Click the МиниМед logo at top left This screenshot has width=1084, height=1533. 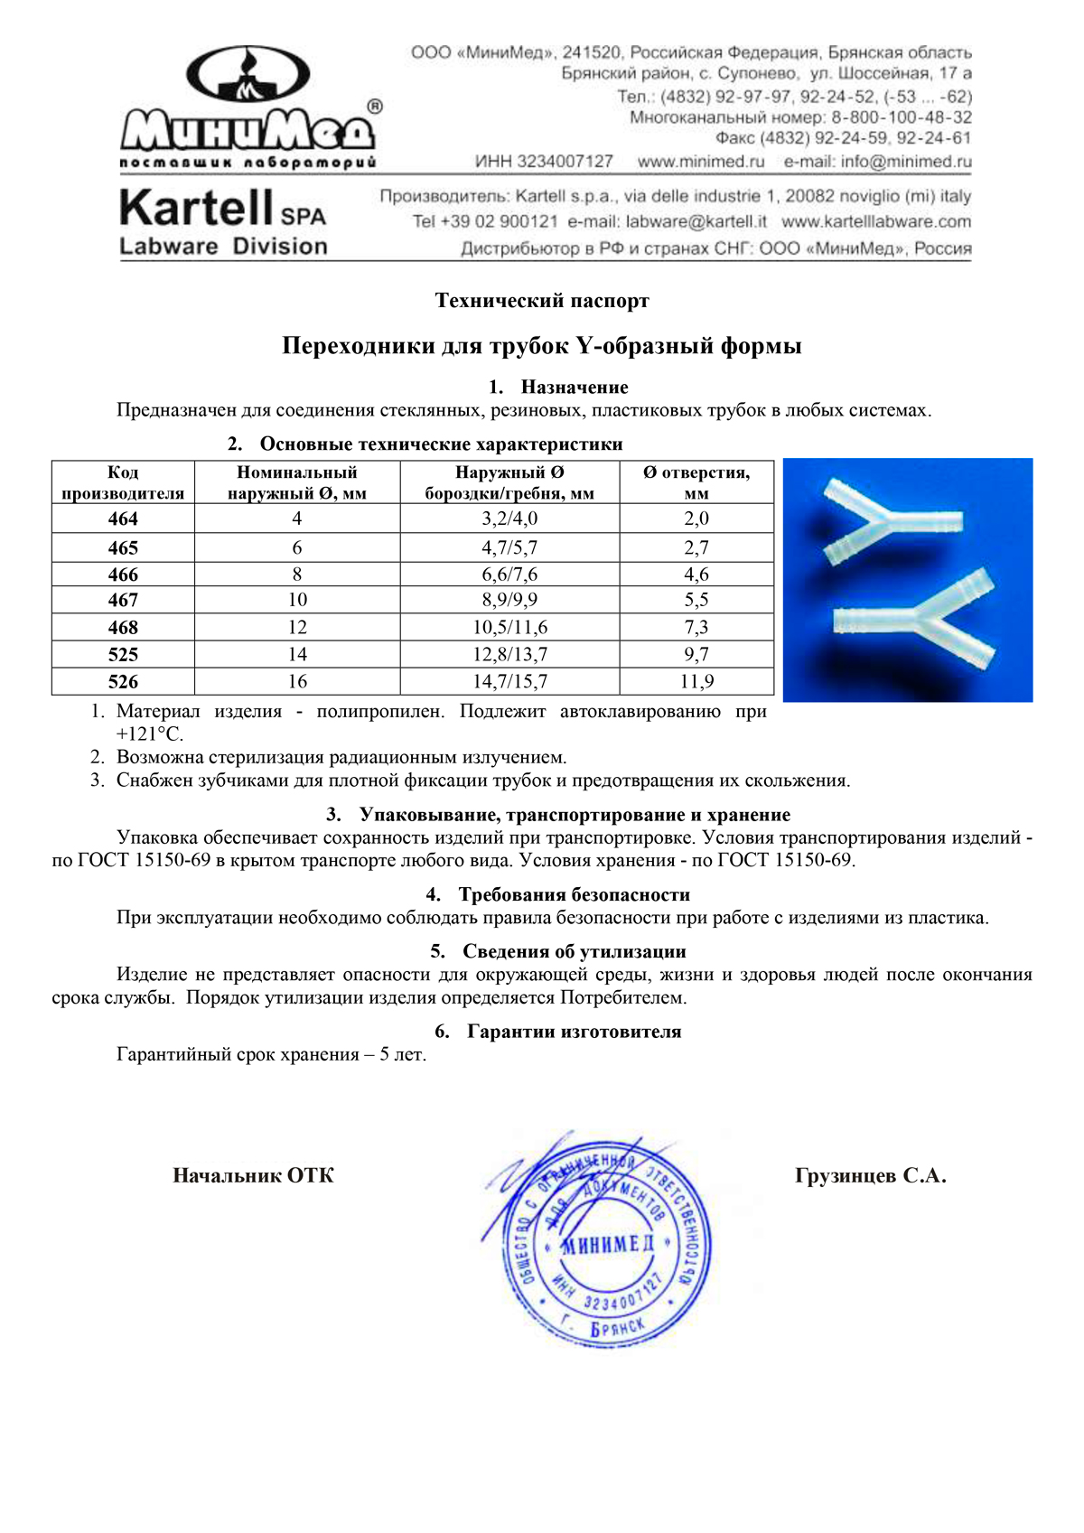point(248,108)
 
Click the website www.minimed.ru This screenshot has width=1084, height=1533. point(701,162)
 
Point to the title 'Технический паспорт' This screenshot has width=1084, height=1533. point(542,301)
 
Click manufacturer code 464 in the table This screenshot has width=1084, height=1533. point(123,519)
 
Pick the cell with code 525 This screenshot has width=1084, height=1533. point(123,654)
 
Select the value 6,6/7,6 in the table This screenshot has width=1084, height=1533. point(509,575)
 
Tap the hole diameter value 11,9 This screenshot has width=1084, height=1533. point(696,681)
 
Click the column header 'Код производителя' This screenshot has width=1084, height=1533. point(123,482)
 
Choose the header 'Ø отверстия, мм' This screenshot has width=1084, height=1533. point(696,482)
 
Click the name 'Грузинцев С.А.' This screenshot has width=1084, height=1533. point(870,1176)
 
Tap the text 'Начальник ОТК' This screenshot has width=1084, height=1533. point(253,1176)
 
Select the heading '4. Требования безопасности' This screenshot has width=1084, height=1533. point(558,895)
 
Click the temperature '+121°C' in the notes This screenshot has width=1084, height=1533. point(150,734)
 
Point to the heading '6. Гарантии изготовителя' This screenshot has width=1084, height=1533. point(558,1032)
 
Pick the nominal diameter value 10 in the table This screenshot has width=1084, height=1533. point(297,600)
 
